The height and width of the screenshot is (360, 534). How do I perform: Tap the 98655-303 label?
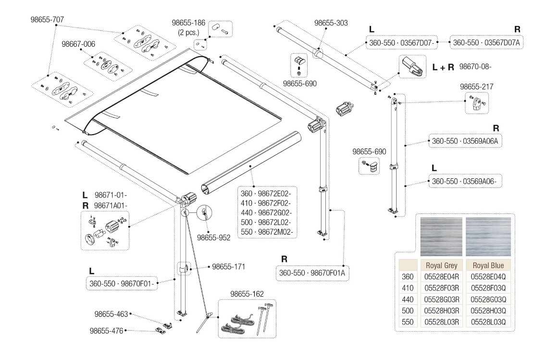point(331,23)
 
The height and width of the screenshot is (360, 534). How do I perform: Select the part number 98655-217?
point(476,87)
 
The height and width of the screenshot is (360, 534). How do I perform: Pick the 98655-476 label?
point(107,331)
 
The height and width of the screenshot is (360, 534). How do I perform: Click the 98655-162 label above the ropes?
point(247,294)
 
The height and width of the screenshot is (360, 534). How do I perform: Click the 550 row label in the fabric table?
point(407,322)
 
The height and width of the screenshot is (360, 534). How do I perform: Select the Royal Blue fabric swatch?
point(488,236)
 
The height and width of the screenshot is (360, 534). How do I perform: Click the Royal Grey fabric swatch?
point(441,236)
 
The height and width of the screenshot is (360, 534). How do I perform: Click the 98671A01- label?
point(111,205)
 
